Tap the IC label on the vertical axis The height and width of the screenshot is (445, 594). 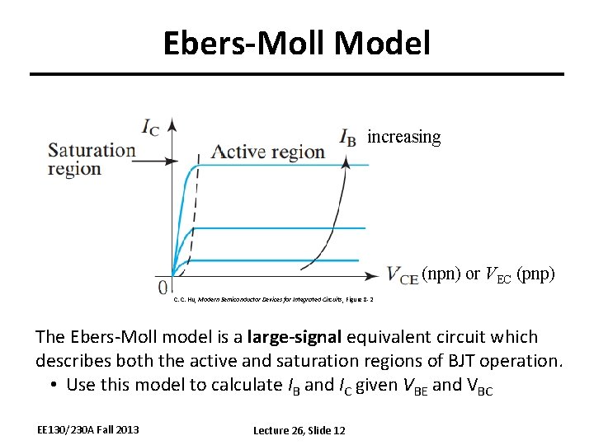click(151, 127)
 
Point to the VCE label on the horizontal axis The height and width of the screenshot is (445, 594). click(403, 276)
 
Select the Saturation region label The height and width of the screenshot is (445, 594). click(92, 159)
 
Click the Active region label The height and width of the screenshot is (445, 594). click(268, 152)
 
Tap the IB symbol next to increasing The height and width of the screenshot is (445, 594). click(348, 138)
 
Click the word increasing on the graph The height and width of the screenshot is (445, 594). click(403, 137)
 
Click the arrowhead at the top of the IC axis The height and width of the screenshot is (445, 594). click(172, 124)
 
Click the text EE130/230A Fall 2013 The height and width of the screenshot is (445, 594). click(88, 429)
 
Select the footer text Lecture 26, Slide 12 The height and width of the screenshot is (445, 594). click(299, 430)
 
